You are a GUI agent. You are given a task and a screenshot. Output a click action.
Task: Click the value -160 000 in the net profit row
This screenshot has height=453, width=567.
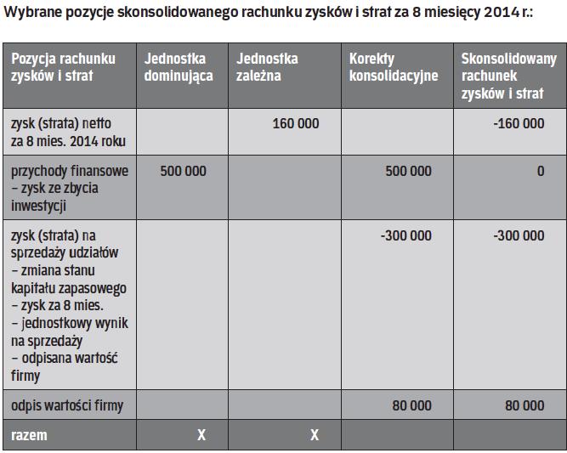coord(519,124)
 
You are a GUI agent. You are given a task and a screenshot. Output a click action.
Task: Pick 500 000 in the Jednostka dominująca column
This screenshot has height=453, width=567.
coord(183,172)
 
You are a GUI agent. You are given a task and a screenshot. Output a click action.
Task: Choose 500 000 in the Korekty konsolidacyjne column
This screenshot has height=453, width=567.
coord(408,172)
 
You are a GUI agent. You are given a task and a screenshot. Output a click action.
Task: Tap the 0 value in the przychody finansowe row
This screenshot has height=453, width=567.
coord(540,172)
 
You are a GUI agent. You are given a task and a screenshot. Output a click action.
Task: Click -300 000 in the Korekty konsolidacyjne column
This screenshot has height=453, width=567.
coord(405,235)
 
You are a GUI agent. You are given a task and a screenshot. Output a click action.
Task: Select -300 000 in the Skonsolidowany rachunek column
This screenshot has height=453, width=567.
coord(519,235)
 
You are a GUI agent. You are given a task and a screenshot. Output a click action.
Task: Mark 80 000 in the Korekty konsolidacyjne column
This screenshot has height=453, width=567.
coord(411,406)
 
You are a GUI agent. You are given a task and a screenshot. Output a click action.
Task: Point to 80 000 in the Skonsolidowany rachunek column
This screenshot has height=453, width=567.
coord(524,406)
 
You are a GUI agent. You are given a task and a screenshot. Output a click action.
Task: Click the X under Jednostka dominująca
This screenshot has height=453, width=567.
coord(201,435)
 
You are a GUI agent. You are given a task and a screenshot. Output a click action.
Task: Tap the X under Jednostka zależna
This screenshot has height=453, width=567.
coord(315,435)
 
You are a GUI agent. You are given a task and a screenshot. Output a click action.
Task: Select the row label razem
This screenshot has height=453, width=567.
coord(29,435)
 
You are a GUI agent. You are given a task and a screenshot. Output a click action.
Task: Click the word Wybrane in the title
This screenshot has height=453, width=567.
coord(35,12)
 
